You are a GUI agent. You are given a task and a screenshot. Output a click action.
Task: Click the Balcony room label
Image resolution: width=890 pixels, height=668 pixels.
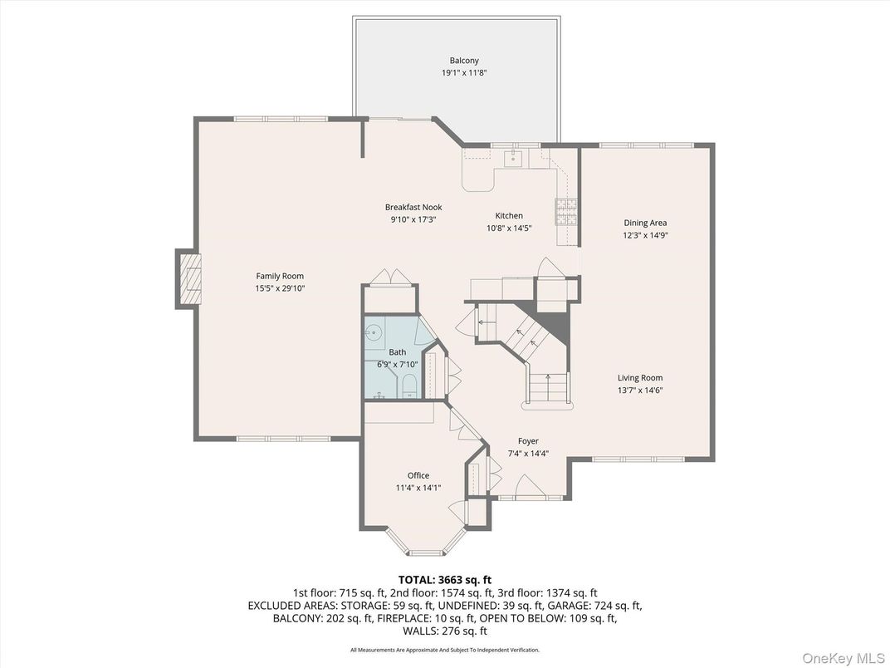(464, 61)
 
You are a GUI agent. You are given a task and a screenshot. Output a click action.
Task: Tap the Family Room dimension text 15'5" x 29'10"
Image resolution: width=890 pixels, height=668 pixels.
(280, 288)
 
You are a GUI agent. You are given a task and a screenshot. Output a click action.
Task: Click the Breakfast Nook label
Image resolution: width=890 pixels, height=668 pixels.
(413, 207)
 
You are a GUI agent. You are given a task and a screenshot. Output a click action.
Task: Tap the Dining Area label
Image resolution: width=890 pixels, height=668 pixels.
(645, 223)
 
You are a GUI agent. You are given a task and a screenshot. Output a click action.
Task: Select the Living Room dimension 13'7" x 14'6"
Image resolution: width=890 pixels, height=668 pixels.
(639, 390)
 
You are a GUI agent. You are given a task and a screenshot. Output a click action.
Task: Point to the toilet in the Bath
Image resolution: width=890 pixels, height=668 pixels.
(408, 387)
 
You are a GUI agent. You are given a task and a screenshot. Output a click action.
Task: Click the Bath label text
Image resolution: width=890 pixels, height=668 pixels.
(398, 352)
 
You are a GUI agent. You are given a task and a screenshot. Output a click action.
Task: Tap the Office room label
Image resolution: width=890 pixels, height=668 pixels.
(418, 476)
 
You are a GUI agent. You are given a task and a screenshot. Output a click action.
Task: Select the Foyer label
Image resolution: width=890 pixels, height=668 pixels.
(528, 441)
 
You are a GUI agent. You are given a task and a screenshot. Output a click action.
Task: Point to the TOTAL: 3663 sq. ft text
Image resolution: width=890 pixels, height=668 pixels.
(445, 579)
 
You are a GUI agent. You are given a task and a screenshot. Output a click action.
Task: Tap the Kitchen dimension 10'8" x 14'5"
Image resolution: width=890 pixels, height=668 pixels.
(509, 227)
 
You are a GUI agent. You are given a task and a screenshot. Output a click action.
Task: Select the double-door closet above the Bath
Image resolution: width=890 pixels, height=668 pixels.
(389, 278)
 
